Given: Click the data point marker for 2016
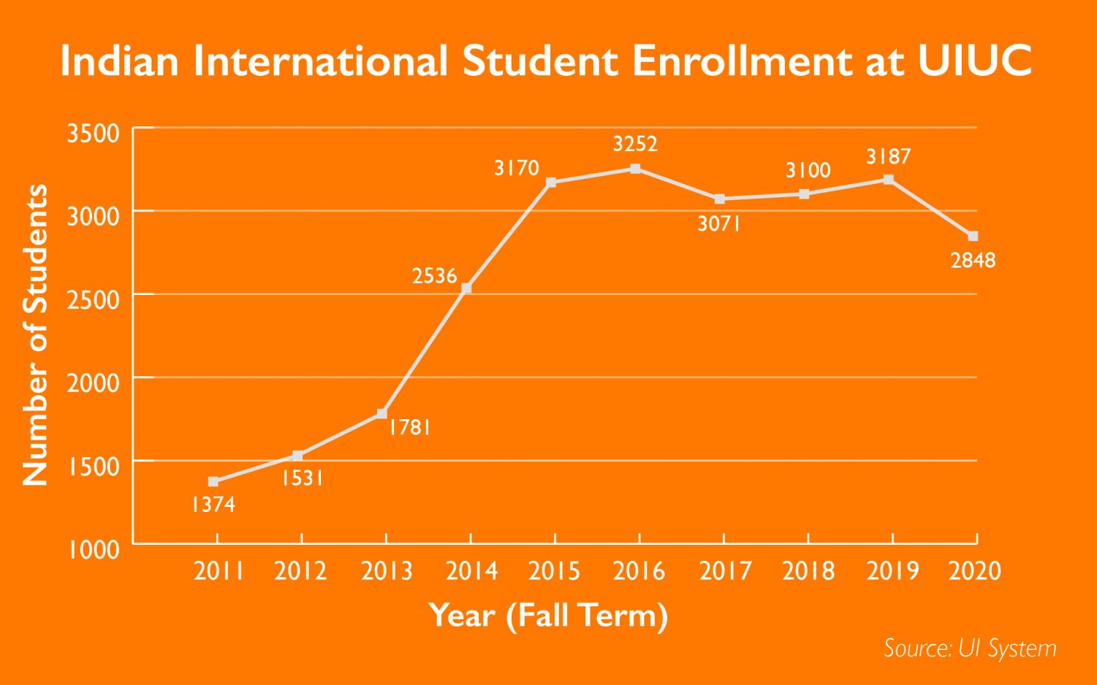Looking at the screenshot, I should pyautogui.click(x=635, y=169).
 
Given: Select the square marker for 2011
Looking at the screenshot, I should pyautogui.click(x=213, y=481).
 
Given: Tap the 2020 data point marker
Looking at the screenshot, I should pyautogui.click(x=973, y=236).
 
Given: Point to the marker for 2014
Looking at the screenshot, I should pyautogui.click(x=466, y=288).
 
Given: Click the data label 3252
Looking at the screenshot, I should pyautogui.click(x=635, y=144).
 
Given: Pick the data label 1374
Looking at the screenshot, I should pyautogui.click(x=213, y=505).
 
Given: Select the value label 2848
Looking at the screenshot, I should pyautogui.click(x=973, y=260).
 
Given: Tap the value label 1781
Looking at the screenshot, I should pyautogui.click(x=409, y=427).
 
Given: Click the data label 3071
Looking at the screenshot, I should pyautogui.click(x=719, y=224).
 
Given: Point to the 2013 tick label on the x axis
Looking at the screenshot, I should pyautogui.click(x=387, y=570).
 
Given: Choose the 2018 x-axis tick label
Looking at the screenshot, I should pyautogui.click(x=808, y=570).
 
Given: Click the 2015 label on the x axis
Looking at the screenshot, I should pyautogui.click(x=555, y=570).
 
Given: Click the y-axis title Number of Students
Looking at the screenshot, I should pyautogui.click(x=36, y=335).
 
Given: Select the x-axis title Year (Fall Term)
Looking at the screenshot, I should pyautogui.click(x=548, y=616).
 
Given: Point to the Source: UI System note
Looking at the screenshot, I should pyautogui.click(x=970, y=648).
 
